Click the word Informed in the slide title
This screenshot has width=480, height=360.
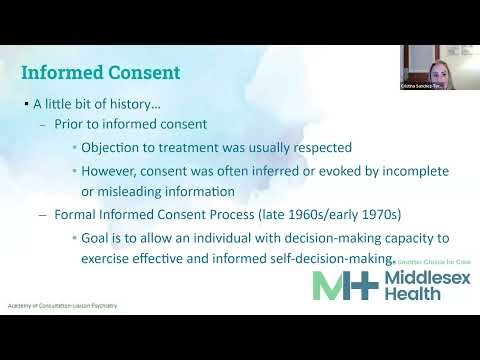(65, 73)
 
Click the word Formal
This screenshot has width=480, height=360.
(73, 214)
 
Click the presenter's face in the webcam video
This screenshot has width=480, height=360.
(436, 71)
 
